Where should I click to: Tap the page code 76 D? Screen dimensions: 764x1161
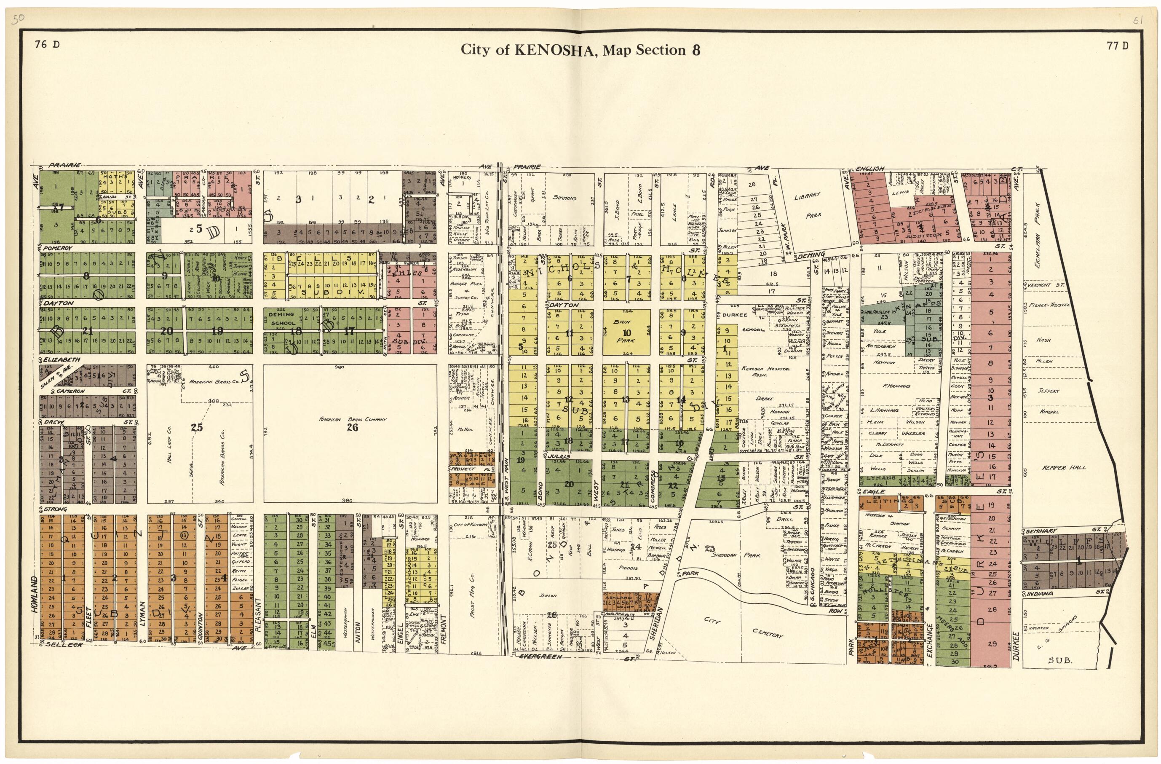pos(47,45)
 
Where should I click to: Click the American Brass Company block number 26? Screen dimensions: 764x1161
pos(352,428)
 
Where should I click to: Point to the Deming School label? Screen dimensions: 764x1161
pos(281,319)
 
